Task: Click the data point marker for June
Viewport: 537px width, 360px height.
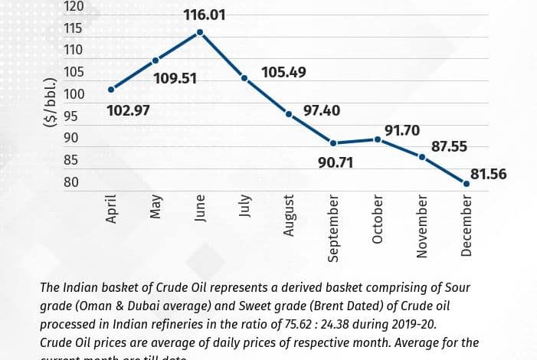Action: pos(200,32)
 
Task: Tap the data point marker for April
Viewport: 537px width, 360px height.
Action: pos(112,90)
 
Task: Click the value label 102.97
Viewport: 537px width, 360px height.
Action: pos(128,110)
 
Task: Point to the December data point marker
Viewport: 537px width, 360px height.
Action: pos(466,182)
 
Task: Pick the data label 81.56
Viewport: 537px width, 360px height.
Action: pos(488,175)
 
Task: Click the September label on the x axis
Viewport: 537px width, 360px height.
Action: pos(333,227)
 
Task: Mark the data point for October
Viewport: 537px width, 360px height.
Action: pos(378,139)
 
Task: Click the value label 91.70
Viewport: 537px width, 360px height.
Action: pos(402,131)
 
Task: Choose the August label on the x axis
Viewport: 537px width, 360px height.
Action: pos(289,215)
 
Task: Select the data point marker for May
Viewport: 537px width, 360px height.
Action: pos(156,61)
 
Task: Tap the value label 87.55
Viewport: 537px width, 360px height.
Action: pos(448,146)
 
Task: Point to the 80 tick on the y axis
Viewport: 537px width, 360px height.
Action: pos(72,182)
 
